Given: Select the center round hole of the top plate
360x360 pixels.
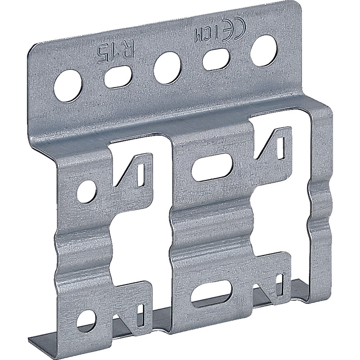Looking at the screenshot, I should (x=167, y=68).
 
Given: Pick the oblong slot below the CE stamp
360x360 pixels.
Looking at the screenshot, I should (x=216, y=59).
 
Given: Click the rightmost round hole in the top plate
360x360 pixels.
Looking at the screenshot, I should (x=265, y=50).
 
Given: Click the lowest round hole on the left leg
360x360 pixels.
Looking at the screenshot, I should (x=87, y=321).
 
